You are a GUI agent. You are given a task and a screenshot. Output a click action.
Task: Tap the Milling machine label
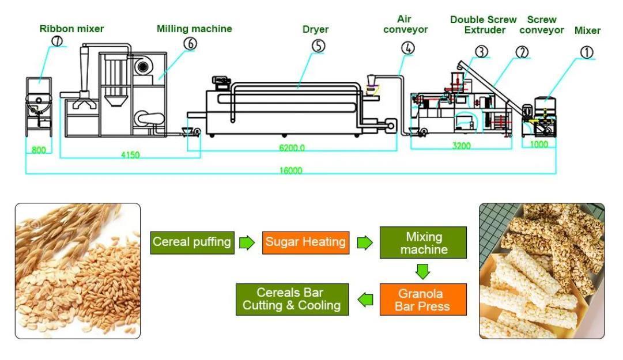[194, 28]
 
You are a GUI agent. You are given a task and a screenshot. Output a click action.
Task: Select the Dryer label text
[315, 29]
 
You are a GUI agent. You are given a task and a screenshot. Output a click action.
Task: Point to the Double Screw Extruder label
[484, 25]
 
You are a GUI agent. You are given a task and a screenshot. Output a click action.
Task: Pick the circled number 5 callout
[319, 45]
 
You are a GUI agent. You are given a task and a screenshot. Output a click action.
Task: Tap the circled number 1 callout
[587, 52]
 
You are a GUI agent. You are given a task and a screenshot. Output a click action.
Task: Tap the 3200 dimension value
[461, 146]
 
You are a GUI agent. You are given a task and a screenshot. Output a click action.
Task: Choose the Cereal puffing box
[192, 242]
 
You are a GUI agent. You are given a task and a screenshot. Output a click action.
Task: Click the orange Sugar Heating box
[306, 242]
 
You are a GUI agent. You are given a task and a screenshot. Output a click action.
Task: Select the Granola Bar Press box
[422, 300]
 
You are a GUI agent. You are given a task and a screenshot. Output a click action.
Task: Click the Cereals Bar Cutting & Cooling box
[292, 299]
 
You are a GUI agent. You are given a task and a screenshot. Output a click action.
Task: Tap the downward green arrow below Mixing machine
[424, 270]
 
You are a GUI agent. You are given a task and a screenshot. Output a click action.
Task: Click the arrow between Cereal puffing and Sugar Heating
[247, 242]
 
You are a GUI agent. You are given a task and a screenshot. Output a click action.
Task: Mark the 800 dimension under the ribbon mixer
[39, 150]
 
